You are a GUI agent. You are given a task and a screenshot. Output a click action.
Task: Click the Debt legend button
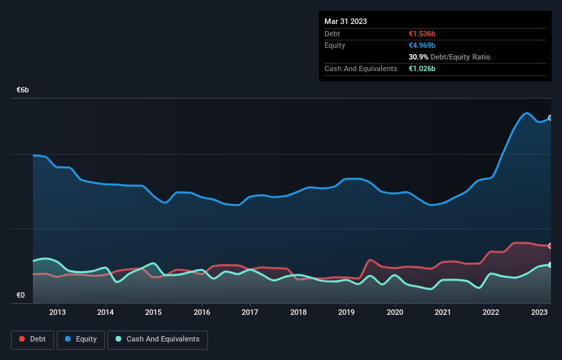(31, 339)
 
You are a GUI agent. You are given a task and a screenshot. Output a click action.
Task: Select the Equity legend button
(81, 339)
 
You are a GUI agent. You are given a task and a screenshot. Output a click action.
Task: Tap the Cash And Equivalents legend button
(157, 339)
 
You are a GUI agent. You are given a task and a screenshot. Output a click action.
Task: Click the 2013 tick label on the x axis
(58, 313)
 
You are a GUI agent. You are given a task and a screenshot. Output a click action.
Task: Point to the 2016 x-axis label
(202, 313)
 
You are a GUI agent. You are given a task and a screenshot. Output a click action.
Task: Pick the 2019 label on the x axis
(346, 313)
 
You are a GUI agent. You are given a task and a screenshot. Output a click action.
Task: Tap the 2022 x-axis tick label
(491, 313)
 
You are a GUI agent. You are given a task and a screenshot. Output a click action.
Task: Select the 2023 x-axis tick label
(539, 313)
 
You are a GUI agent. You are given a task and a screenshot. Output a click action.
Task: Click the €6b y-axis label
(23, 90)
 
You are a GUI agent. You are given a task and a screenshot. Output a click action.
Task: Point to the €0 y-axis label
(21, 296)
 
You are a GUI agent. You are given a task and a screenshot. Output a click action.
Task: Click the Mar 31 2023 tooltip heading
(346, 21)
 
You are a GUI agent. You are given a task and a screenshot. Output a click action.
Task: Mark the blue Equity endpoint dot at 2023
(550, 118)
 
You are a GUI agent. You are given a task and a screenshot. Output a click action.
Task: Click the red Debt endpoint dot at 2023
(550, 246)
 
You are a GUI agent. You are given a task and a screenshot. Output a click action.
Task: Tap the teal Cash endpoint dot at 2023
(550, 265)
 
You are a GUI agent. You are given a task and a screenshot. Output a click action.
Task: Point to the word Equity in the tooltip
(335, 45)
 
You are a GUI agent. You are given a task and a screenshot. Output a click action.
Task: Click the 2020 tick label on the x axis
(395, 313)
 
